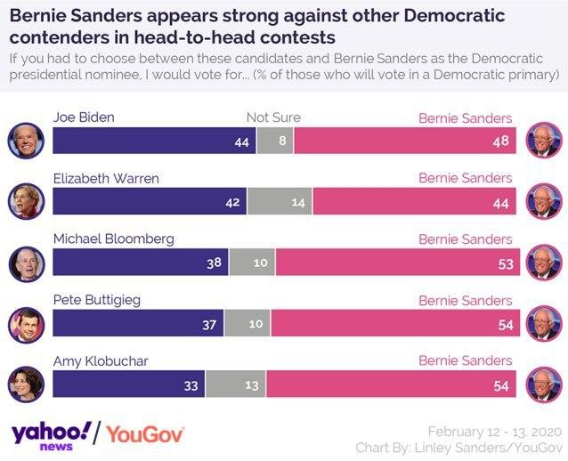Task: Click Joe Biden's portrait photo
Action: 26,141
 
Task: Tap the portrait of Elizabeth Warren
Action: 26,201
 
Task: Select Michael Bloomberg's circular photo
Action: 26,263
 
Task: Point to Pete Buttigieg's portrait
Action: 26,323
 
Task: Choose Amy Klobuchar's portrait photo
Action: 26,384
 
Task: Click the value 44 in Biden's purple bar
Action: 241,142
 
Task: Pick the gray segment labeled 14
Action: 297,203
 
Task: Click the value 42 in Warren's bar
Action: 232,203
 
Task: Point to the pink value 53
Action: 505,264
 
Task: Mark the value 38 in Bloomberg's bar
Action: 214,264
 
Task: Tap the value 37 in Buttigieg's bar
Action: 209,325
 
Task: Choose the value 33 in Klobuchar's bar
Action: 191,385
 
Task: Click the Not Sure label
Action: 273,117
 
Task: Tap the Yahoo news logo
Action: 52,434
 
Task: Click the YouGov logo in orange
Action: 145,434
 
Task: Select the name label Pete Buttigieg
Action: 98,300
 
